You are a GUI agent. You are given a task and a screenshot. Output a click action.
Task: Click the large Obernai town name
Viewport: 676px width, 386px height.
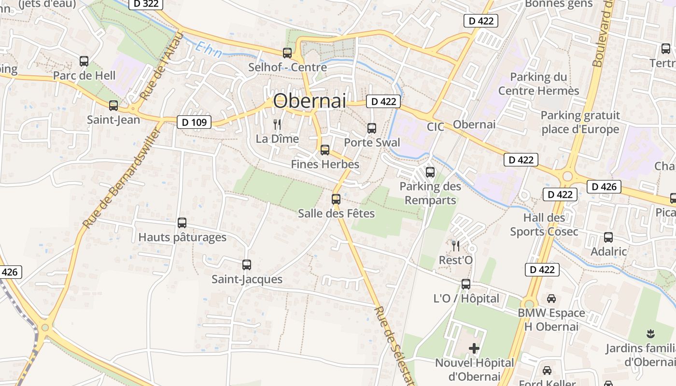(310, 101)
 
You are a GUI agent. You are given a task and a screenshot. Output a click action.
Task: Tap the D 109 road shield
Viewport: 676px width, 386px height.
(195, 123)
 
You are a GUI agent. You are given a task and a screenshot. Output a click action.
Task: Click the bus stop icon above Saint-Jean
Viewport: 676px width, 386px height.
(113, 106)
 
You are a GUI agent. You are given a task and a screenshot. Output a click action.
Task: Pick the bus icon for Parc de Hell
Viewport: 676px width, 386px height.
(84, 61)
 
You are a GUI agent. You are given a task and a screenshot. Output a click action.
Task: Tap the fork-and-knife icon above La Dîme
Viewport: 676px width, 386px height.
(277, 124)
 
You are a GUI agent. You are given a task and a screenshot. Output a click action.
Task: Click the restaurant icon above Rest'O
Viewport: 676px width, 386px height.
(455, 246)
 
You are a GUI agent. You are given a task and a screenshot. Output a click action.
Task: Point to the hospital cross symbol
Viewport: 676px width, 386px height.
(474, 348)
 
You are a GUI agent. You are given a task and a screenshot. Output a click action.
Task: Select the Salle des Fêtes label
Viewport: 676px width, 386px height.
(336, 213)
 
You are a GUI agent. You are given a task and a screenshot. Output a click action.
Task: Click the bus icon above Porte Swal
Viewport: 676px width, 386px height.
(372, 128)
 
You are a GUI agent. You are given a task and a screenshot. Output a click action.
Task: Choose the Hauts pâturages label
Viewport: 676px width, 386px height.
(182, 237)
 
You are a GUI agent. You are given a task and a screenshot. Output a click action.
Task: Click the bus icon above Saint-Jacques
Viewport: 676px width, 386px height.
(247, 264)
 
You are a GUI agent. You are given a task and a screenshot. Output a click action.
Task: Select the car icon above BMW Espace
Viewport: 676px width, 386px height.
(551, 299)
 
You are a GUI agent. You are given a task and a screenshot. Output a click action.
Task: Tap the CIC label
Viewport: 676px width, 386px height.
(436, 127)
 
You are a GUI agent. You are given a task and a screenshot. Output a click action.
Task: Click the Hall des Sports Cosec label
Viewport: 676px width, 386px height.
(544, 225)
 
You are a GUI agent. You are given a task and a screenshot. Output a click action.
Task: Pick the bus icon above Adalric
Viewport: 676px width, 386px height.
(608, 237)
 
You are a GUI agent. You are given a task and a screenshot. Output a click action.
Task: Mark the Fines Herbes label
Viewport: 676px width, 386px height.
(325, 165)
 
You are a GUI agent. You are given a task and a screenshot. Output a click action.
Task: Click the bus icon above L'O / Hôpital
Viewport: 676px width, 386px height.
(466, 284)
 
